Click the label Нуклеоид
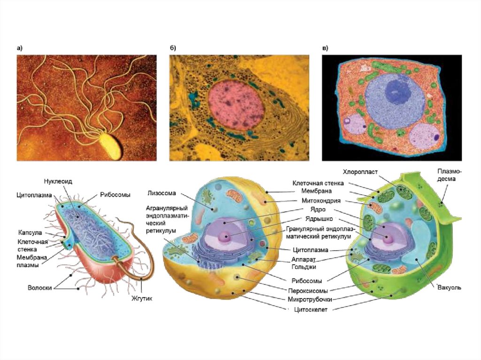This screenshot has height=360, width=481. pos(58,181)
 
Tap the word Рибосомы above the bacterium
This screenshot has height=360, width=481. pos(115,194)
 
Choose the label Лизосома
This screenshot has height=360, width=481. pos(162,192)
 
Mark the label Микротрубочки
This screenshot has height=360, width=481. pos(311,299)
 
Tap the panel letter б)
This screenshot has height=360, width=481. pos(173,48)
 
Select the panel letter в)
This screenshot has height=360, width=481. pos(325,48)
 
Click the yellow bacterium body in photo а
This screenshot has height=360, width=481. pos(112,143)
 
